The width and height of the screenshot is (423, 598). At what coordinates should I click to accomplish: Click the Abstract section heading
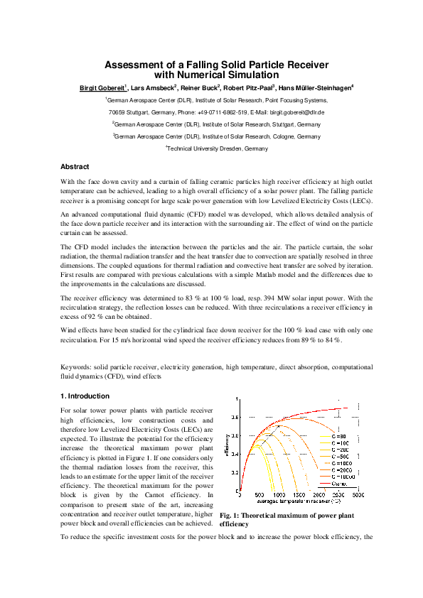tap(75, 167)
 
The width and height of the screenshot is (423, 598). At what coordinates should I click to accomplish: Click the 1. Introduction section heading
tap(85, 396)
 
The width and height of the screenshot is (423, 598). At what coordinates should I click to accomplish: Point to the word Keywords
tap(77, 366)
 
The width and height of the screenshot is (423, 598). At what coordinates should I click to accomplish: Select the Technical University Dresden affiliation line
tap(218, 148)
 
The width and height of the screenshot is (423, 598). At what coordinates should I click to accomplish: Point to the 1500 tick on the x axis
tap(300, 494)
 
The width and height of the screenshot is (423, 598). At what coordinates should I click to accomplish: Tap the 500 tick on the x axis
tap(259, 494)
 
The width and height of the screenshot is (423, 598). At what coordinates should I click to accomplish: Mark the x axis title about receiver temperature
tap(299, 501)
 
